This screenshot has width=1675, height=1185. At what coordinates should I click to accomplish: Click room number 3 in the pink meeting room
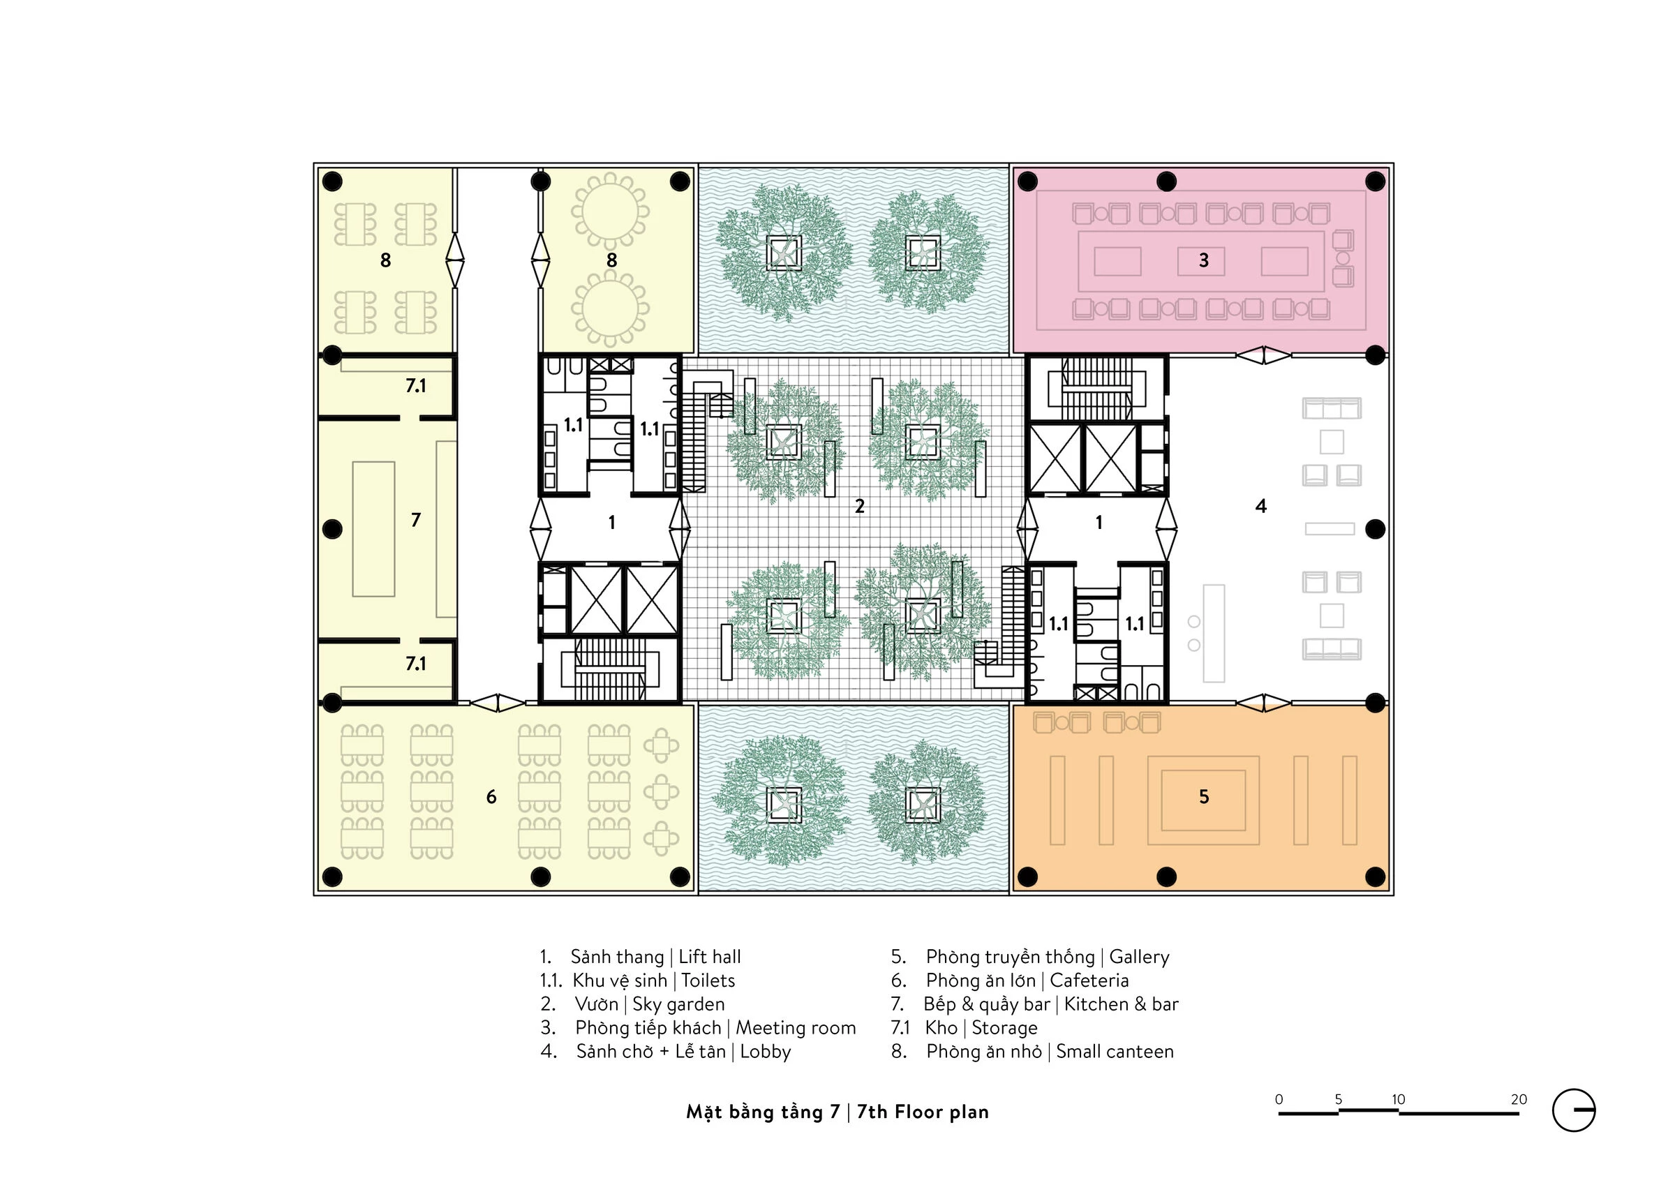pos(1204,260)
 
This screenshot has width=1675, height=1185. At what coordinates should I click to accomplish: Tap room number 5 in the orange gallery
pos(1204,797)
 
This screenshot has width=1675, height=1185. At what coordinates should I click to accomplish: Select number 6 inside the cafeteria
pos(491,797)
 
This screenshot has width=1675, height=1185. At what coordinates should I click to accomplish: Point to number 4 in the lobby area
pos(1260,506)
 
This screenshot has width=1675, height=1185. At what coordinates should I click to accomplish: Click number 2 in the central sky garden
pos(859,506)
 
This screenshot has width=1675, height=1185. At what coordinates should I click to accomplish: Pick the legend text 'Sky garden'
pos(678,1005)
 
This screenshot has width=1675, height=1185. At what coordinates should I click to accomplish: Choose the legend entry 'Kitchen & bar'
pos(1122,1005)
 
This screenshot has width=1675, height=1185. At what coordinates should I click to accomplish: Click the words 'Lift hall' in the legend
pos(710,957)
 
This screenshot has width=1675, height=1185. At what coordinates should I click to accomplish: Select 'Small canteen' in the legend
pos(1115,1052)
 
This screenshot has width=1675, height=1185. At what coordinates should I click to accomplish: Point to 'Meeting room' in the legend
pos(795,1028)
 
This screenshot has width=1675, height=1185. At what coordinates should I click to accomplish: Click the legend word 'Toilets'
pos(708,981)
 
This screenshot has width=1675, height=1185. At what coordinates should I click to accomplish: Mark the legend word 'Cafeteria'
pos(1089,981)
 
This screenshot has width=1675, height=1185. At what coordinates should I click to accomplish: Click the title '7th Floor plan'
pos(923,1112)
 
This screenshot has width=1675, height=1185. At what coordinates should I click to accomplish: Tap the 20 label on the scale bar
pos(1519,1099)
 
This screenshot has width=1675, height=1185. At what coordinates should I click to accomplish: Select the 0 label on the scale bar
pos(1279,1099)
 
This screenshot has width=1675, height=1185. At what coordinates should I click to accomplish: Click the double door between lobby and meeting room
pos(1263,355)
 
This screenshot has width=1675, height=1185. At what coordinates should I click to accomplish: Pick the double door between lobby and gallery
pos(1263,703)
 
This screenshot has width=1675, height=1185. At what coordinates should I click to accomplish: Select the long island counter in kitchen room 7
pos(373,529)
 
